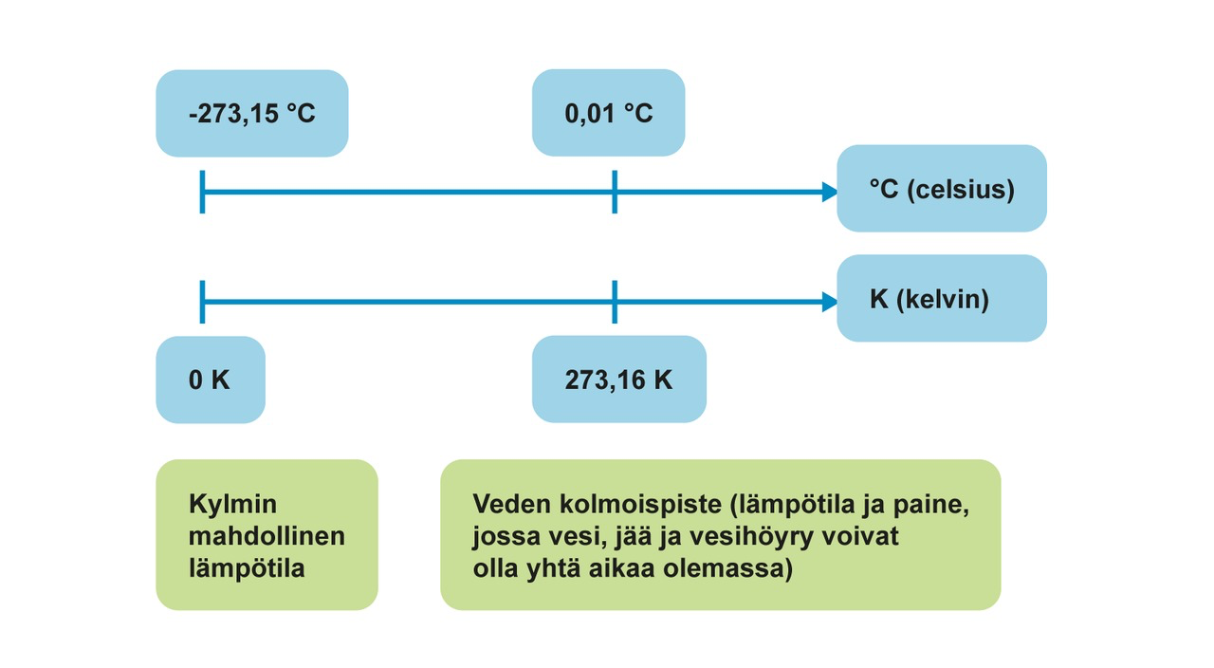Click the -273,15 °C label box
point(252,114)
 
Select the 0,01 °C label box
point(608,114)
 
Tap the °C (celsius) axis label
point(941,189)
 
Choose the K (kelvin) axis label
point(941,299)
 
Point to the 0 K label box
point(211,380)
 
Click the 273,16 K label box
point(618,380)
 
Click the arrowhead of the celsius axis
point(830,193)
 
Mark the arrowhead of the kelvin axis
point(830,303)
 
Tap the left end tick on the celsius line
point(202,193)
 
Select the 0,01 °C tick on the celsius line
point(615,193)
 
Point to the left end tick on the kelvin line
point(202,303)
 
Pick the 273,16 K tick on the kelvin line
point(615,303)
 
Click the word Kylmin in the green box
point(232,504)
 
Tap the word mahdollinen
point(267,536)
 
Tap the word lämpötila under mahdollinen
point(247,569)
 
